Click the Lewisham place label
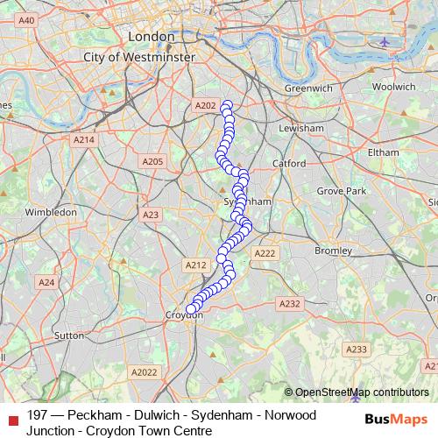(300, 128)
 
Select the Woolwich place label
(393, 87)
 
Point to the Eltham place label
(383, 152)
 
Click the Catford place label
(288, 164)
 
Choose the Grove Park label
(342, 190)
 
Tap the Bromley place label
(332, 251)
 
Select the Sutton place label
(69, 335)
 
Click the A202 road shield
(205, 105)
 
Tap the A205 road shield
(152, 161)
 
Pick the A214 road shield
(84, 139)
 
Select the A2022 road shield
(146, 371)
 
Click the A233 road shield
(356, 350)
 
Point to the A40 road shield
(26, 20)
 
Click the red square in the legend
(11, 417)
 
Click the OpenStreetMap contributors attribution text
(362, 392)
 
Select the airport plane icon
(385, 41)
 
